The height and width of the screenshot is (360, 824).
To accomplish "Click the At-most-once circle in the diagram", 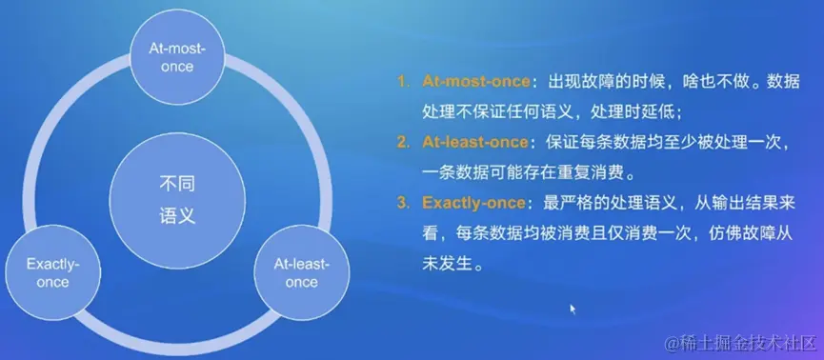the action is pos(177,58).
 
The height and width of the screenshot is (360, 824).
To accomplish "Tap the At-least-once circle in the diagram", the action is pos(302,272).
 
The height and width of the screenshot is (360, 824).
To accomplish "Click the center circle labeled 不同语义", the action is pos(177,200).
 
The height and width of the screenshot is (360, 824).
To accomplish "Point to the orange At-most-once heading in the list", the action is pos(476,82).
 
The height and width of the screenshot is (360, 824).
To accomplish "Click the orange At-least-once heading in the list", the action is pos(475,142).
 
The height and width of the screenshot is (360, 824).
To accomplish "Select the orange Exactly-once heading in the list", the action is pos(473,203).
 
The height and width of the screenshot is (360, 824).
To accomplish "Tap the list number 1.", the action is pos(403,82).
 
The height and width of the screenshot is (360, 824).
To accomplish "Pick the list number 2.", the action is pos(403,142).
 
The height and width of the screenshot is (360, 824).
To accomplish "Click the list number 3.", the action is pos(403,203).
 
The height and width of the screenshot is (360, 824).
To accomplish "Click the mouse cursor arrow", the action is pos(573,309).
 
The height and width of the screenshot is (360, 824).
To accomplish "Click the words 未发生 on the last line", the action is pos(449,263).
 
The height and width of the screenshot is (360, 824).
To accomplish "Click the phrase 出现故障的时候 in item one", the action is pos(600,82).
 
